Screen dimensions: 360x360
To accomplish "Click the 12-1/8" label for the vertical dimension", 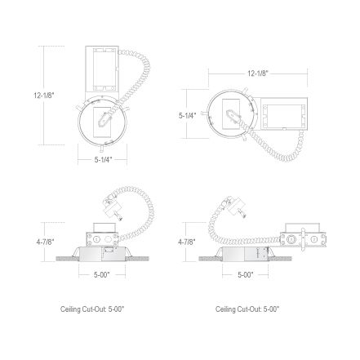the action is pyautogui.click(x=44, y=96).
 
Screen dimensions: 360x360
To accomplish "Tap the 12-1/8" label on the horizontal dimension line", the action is pyautogui.click(x=258, y=73).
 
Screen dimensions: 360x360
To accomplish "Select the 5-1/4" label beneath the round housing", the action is pyautogui.click(x=104, y=160).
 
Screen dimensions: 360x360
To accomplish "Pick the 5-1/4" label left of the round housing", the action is pyautogui.click(x=187, y=115).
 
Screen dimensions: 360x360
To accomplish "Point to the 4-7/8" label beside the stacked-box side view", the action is pyautogui.click(x=46, y=242).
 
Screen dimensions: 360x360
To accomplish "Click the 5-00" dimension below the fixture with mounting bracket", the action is pyautogui.click(x=246, y=275).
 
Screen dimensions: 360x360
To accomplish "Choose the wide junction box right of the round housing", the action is pyautogui.click(x=284, y=114).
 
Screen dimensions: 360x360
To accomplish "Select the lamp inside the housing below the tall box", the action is pyautogui.click(x=104, y=121).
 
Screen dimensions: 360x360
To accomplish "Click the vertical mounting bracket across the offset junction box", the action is pyautogui.click(x=303, y=240).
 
